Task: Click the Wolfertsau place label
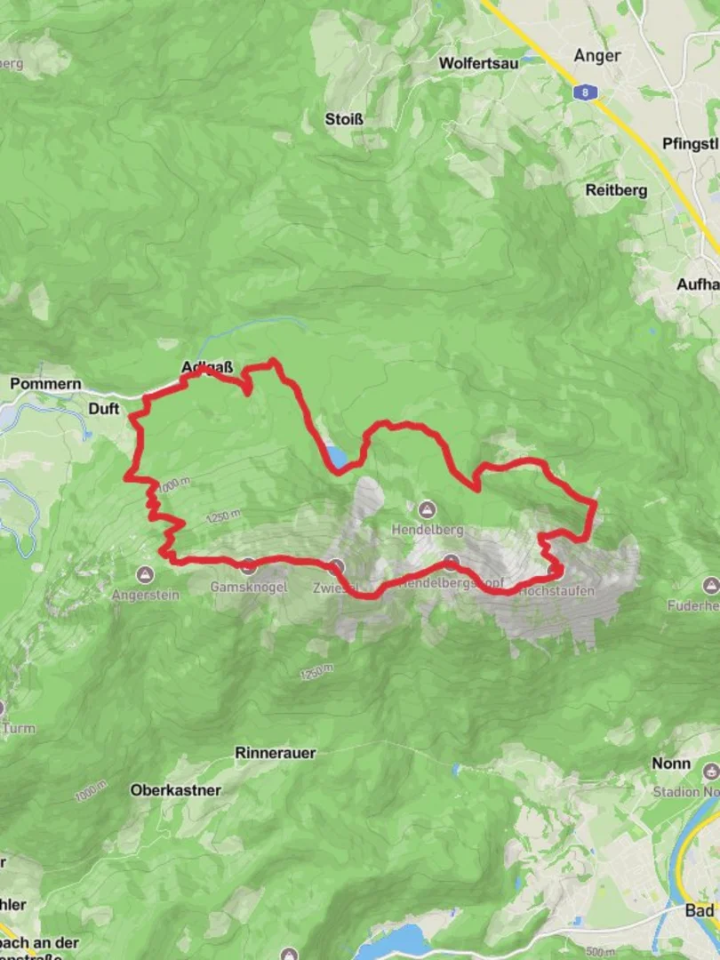click(479, 63)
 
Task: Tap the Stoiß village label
click(346, 118)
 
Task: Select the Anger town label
click(597, 55)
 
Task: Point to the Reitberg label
click(616, 189)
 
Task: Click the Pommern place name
click(45, 384)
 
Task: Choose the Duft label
click(103, 408)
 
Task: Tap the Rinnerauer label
click(276, 753)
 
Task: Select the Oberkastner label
click(175, 789)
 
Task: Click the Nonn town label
click(671, 764)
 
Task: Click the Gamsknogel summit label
click(249, 588)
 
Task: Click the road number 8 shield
click(582, 91)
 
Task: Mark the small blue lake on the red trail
click(337, 457)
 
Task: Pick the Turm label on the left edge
click(19, 729)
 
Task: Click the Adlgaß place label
click(203, 366)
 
